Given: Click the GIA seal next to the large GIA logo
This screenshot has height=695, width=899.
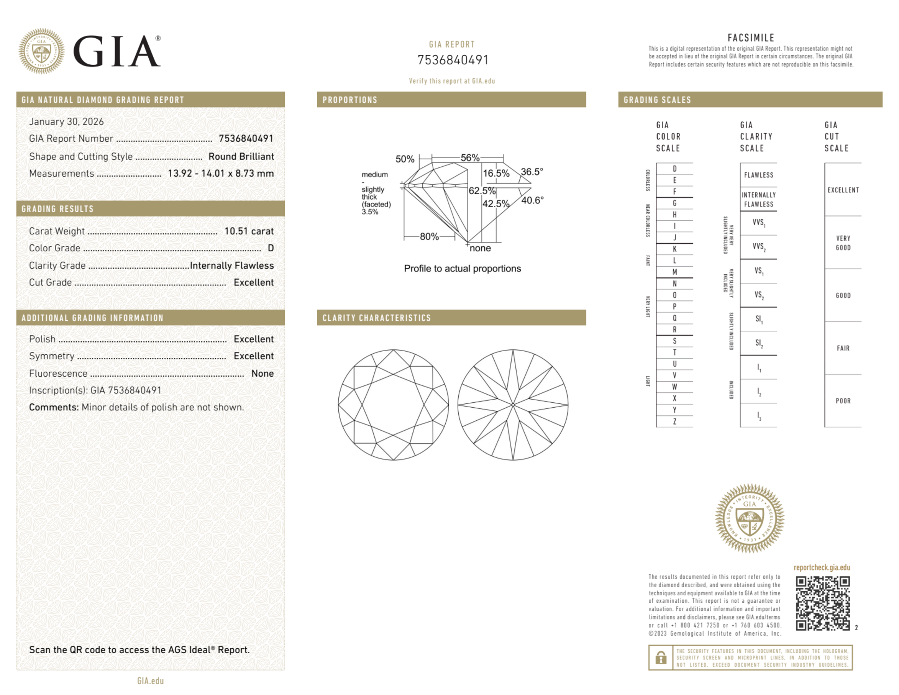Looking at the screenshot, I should coord(41,51).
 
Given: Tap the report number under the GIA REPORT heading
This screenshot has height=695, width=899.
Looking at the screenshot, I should coord(452,60).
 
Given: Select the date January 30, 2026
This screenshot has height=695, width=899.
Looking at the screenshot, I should coord(66,121).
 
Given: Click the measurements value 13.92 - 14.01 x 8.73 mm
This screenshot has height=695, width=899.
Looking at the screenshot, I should coord(221,174).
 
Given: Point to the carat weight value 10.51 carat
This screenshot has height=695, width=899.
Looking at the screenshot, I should coord(249,231).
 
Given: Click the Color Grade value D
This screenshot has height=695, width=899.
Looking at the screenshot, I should coord(270,248).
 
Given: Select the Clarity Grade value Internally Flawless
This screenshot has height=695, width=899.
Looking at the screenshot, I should coord(232,266).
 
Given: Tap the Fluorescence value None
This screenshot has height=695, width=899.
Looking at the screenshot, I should coord(262,374).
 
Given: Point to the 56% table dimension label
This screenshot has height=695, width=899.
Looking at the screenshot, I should coord(470,158).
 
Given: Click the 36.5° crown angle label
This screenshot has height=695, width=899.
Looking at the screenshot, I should coord(532,172).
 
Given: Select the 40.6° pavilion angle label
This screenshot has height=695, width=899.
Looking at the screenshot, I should coord(532,200).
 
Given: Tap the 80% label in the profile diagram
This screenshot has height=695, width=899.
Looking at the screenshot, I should coord(429,236).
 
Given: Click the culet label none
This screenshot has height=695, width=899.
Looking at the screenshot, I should coord(480,248).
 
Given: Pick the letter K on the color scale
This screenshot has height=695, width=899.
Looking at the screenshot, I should coord(674,249).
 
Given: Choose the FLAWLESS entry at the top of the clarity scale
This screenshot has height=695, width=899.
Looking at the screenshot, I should coord(758,175).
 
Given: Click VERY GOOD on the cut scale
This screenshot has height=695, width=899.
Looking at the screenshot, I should coord(843,243).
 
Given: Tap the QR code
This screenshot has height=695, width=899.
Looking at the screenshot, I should coord(823,603).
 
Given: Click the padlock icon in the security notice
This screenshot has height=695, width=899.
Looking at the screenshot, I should coord(660,658).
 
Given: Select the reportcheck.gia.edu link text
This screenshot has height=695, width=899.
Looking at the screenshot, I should coord(822,567).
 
